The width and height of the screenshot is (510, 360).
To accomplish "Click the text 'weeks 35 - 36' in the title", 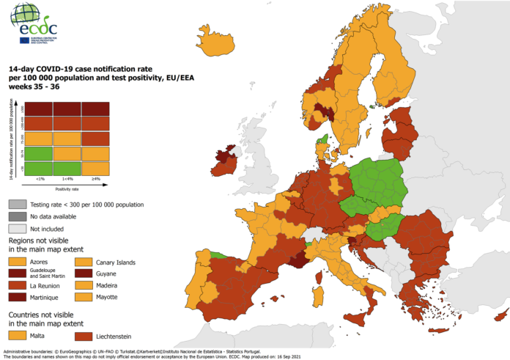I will point(33,87).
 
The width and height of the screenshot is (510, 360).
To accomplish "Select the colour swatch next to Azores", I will point(17,261).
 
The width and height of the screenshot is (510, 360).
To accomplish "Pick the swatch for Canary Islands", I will point(83,262).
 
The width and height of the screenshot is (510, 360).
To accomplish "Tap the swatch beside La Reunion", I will point(17,285).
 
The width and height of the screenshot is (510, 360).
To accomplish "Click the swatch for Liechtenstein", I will point(83,335).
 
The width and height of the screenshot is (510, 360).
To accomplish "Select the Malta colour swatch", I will point(17,335).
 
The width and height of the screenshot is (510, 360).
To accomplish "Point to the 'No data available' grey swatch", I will point(17,216).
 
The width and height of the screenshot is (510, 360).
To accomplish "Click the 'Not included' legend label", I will point(51,228).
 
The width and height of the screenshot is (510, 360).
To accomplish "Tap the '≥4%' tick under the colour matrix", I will point(96,178).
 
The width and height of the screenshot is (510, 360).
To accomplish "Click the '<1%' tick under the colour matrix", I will point(40,178).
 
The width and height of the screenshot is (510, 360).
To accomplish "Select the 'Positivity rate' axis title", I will point(67,188).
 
